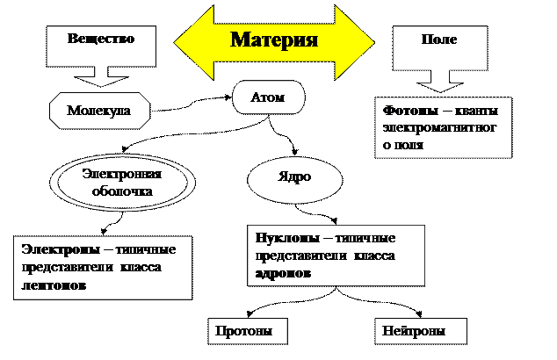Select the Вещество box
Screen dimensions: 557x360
click(x=101, y=47)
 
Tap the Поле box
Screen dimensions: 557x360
click(x=440, y=48)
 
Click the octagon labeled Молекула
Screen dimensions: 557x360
click(x=100, y=111)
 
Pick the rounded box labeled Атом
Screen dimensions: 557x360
click(x=269, y=97)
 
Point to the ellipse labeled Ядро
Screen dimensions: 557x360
click(x=295, y=180)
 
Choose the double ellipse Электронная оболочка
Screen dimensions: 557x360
click(x=122, y=183)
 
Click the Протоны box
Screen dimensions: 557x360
click(x=248, y=331)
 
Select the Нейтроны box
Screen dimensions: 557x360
click(x=421, y=331)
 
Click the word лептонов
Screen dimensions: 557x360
click(x=54, y=285)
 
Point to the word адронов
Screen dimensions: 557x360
click(x=283, y=273)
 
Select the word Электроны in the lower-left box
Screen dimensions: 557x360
click(x=61, y=249)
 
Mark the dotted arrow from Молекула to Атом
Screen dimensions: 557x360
click(x=192, y=104)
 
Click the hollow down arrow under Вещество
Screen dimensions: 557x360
click(x=101, y=76)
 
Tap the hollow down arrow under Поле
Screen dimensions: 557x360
click(x=440, y=82)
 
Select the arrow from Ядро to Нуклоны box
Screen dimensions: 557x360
click(x=315, y=213)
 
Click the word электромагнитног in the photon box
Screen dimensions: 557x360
click(x=439, y=128)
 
